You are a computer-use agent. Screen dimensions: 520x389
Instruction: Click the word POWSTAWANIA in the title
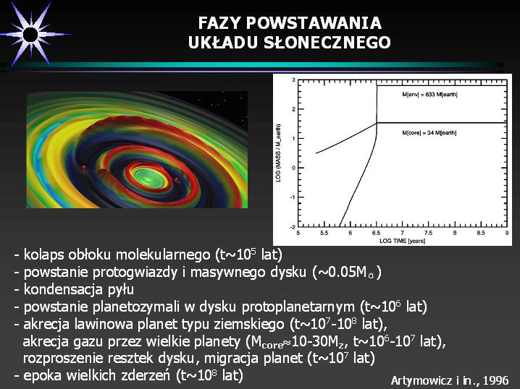(x=314, y=23)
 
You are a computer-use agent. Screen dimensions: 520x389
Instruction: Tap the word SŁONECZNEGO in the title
(x=327, y=43)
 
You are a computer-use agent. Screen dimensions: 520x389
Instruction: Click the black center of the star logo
(x=30, y=35)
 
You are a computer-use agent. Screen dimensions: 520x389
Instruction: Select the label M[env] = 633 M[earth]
(x=429, y=95)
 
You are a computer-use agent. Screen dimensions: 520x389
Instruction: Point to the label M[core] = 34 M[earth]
(x=429, y=133)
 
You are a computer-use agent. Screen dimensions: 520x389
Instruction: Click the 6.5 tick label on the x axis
(x=376, y=233)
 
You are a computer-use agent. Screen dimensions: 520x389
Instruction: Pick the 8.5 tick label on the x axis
(x=481, y=233)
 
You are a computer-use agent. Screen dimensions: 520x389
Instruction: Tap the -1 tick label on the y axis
(x=293, y=197)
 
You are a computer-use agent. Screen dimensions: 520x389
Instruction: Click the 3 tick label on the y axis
(x=293, y=80)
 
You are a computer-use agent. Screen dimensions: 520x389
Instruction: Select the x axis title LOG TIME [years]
(x=402, y=241)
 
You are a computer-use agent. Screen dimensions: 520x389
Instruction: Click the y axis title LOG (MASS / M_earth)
(x=279, y=153)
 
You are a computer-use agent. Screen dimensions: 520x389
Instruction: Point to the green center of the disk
(x=149, y=178)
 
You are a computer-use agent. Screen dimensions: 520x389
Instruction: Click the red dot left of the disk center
(x=84, y=167)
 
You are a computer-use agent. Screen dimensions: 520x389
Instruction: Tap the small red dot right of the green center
(x=177, y=179)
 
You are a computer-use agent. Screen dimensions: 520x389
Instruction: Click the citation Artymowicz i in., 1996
(x=449, y=380)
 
